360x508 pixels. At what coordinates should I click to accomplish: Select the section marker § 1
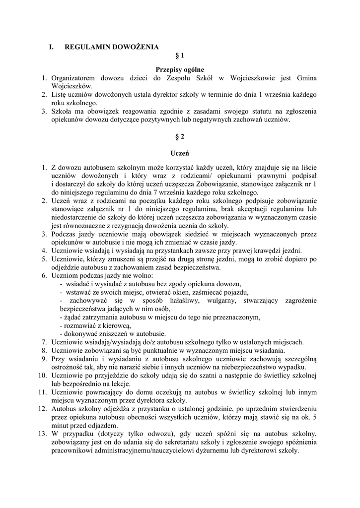(x=180, y=56)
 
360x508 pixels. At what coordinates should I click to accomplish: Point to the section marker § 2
(x=180, y=136)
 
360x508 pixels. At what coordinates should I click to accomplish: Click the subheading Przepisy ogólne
(x=180, y=69)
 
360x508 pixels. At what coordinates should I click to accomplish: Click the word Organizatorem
(x=73, y=78)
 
